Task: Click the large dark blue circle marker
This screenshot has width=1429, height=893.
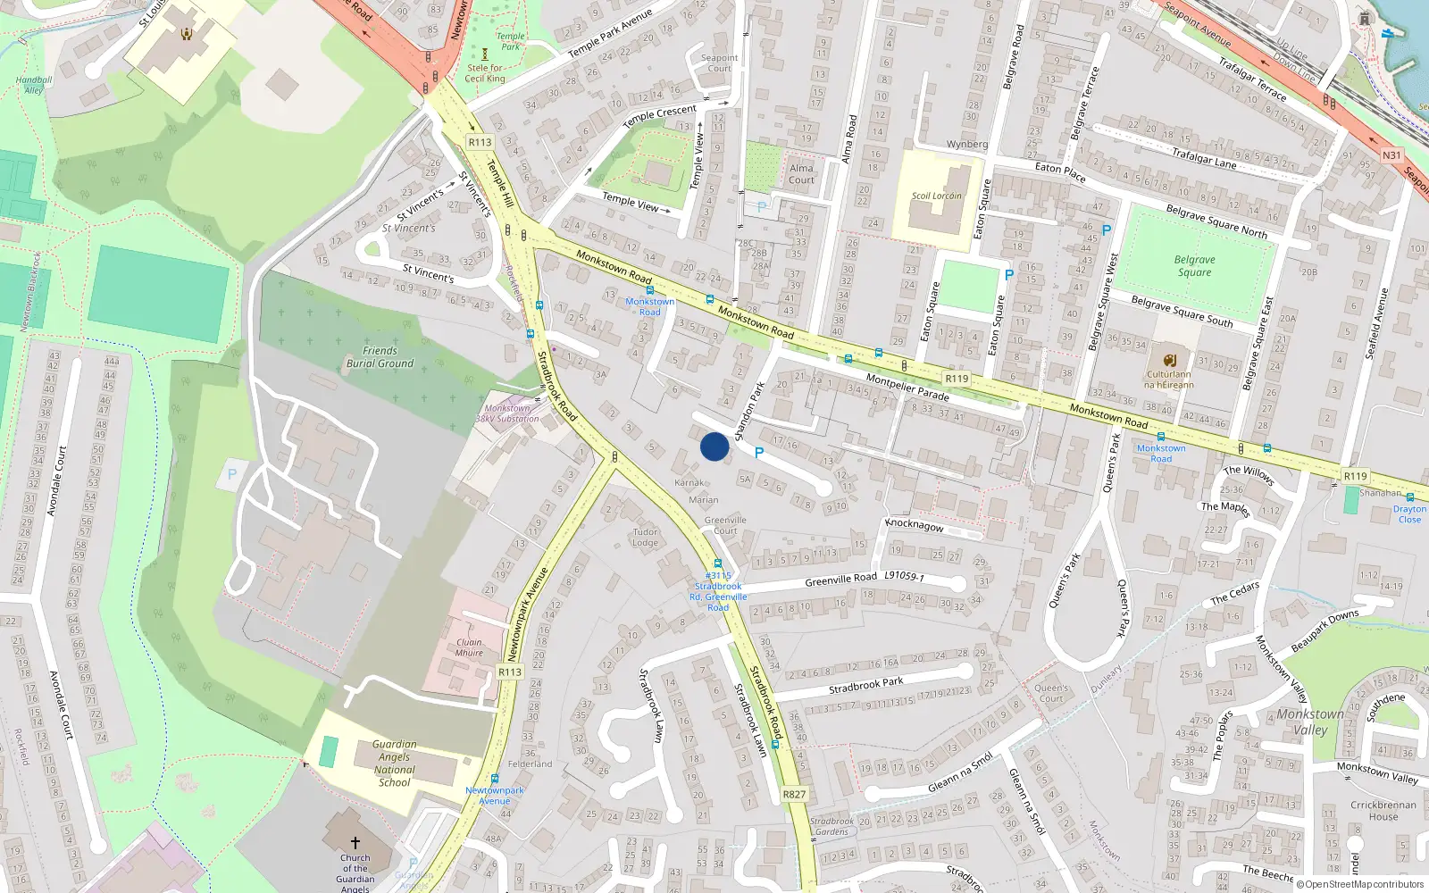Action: coord(714,446)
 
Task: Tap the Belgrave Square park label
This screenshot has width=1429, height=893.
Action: coord(1194,266)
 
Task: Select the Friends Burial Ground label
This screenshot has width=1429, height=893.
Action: coord(380,357)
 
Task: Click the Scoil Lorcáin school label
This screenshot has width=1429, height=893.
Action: coord(936,196)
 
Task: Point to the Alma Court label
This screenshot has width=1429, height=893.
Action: coord(801,174)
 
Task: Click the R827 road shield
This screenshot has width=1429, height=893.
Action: coord(793,794)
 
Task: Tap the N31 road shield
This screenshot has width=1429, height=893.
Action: coord(1391,155)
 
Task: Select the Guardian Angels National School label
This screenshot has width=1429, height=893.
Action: coord(394,764)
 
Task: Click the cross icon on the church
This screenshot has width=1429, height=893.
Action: coord(355,842)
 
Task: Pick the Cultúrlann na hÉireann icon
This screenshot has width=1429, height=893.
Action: coord(1169,361)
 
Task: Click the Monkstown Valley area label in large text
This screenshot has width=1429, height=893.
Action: coord(1309,722)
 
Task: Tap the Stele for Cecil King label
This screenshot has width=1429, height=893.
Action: coord(485,73)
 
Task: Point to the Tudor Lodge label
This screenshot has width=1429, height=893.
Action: coord(645,537)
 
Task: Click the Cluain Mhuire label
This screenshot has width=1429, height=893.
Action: coord(469,647)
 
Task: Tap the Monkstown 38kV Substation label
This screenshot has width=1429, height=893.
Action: coord(506,413)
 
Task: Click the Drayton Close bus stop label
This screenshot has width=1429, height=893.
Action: coord(1409,514)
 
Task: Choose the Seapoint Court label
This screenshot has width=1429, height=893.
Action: coord(719,63)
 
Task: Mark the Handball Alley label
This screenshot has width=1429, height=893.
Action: coord(34,85)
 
